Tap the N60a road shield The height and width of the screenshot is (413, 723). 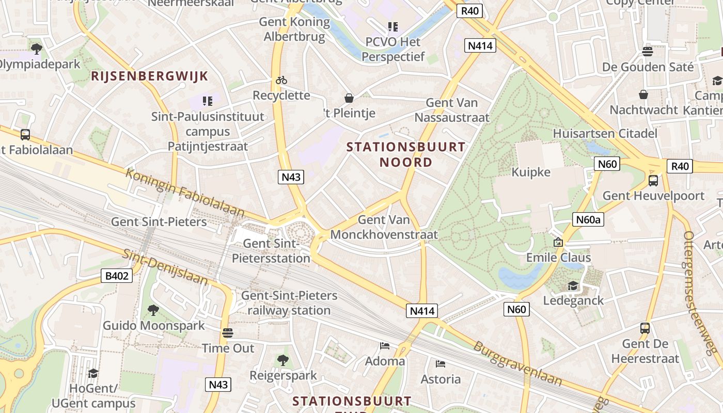pyautogui.click(x=588, y=220)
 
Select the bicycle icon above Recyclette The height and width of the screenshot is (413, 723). pyautogui.click(x=281, y=80)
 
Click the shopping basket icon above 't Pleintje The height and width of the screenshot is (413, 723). pyautogui.click(x=349, y=98)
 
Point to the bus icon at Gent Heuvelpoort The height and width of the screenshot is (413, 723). pyautogui.click(x=653, y=181)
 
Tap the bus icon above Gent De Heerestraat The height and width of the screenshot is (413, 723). pyautogui.click(x=645, y=328)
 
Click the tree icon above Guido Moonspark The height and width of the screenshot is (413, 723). pyautogui.click(x=153, y=310)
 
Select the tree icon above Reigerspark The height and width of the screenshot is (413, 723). pyautogui.click(x=282, y=360)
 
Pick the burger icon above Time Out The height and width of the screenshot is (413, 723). pyautogui.click(x=228, y=332)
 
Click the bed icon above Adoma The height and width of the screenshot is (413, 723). pyautogui.click(x=385, y=345)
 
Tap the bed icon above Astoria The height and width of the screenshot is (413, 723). pyautogui.click(x=440, y=364)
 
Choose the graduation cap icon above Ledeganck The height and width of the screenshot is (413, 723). pyautogui.click(x=573, y=285)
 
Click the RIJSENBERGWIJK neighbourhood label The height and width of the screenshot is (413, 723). pyautogui.click(x=150, y=76)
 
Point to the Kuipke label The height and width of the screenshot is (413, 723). pyautogui.click(x=531, y=172)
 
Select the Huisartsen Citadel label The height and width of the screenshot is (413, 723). pyautogui.click(x=605, y=134)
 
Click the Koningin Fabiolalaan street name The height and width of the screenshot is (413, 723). pyautogui.click(x=185, y=193)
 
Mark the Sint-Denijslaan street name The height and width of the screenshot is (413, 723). pyautogui.click(x=165, y=267)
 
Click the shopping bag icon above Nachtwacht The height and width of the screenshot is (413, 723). pyautogui.click(x=643, y=94)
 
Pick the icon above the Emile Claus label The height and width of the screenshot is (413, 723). pyautogui.click(x=558, y=242)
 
